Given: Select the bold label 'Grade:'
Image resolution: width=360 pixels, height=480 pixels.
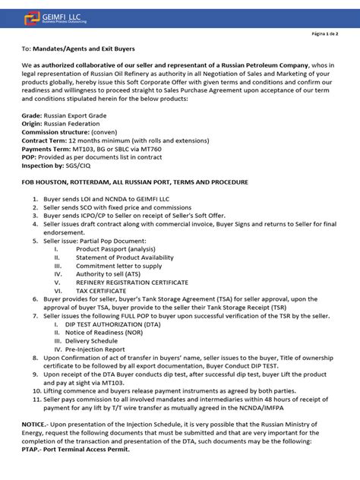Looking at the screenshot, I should click(32, 115).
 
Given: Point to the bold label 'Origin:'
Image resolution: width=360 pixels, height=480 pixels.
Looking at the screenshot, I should click(33, 123).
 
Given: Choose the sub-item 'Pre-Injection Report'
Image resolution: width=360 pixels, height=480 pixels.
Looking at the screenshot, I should click(104, 349).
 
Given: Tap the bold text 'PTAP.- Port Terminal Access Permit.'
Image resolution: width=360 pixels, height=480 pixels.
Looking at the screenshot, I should click(76, 450).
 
